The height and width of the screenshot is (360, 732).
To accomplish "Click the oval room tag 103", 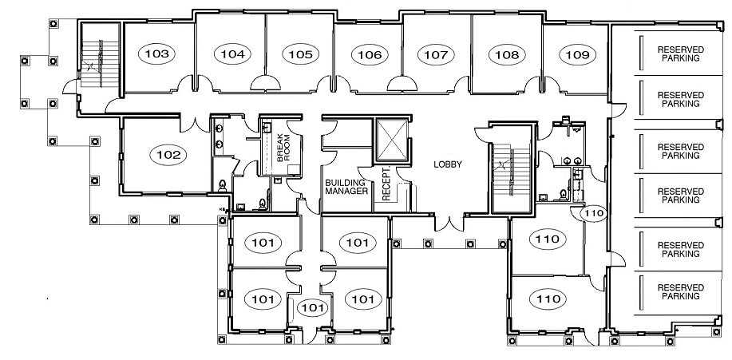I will point(158,54).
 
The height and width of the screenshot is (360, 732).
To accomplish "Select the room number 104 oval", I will point(232,54).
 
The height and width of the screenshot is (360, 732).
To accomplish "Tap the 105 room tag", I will point(300,54).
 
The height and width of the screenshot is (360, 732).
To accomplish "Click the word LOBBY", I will point(448,165).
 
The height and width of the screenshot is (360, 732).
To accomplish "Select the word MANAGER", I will point(346,192).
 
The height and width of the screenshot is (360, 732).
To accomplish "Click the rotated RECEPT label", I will point(387,184).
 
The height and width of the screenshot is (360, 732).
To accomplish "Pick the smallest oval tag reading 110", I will point(592,213).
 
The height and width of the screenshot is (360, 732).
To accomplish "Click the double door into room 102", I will point(192,125).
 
